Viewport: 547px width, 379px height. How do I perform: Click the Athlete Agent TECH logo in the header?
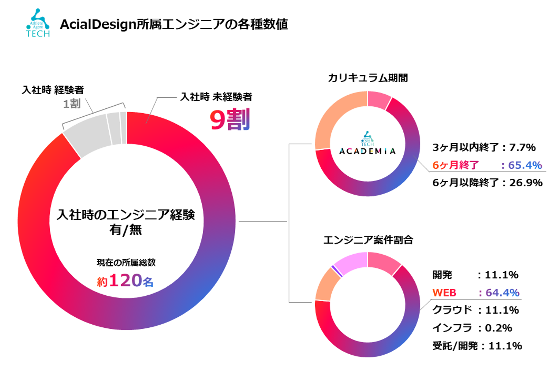38,24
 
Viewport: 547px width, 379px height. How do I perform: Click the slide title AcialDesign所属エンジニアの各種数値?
174,24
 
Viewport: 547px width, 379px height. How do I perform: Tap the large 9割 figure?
230,119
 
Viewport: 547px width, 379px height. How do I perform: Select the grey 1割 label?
72,103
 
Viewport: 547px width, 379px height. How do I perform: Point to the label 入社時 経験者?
53,90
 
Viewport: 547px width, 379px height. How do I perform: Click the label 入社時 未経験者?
216,97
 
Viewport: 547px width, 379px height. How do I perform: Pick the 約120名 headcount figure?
125,281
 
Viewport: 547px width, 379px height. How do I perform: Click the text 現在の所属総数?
126,262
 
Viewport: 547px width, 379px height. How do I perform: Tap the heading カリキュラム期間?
368,78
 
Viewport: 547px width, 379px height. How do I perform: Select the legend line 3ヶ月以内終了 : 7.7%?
484,147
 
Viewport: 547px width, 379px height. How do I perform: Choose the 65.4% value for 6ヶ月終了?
525,165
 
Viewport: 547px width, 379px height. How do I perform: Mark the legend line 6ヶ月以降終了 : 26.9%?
487,183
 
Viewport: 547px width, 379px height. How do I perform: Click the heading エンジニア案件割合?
368,240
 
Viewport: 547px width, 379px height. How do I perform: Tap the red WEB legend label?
444,293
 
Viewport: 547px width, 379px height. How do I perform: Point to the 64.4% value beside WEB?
502,293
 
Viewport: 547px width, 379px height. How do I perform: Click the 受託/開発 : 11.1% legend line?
477,346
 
